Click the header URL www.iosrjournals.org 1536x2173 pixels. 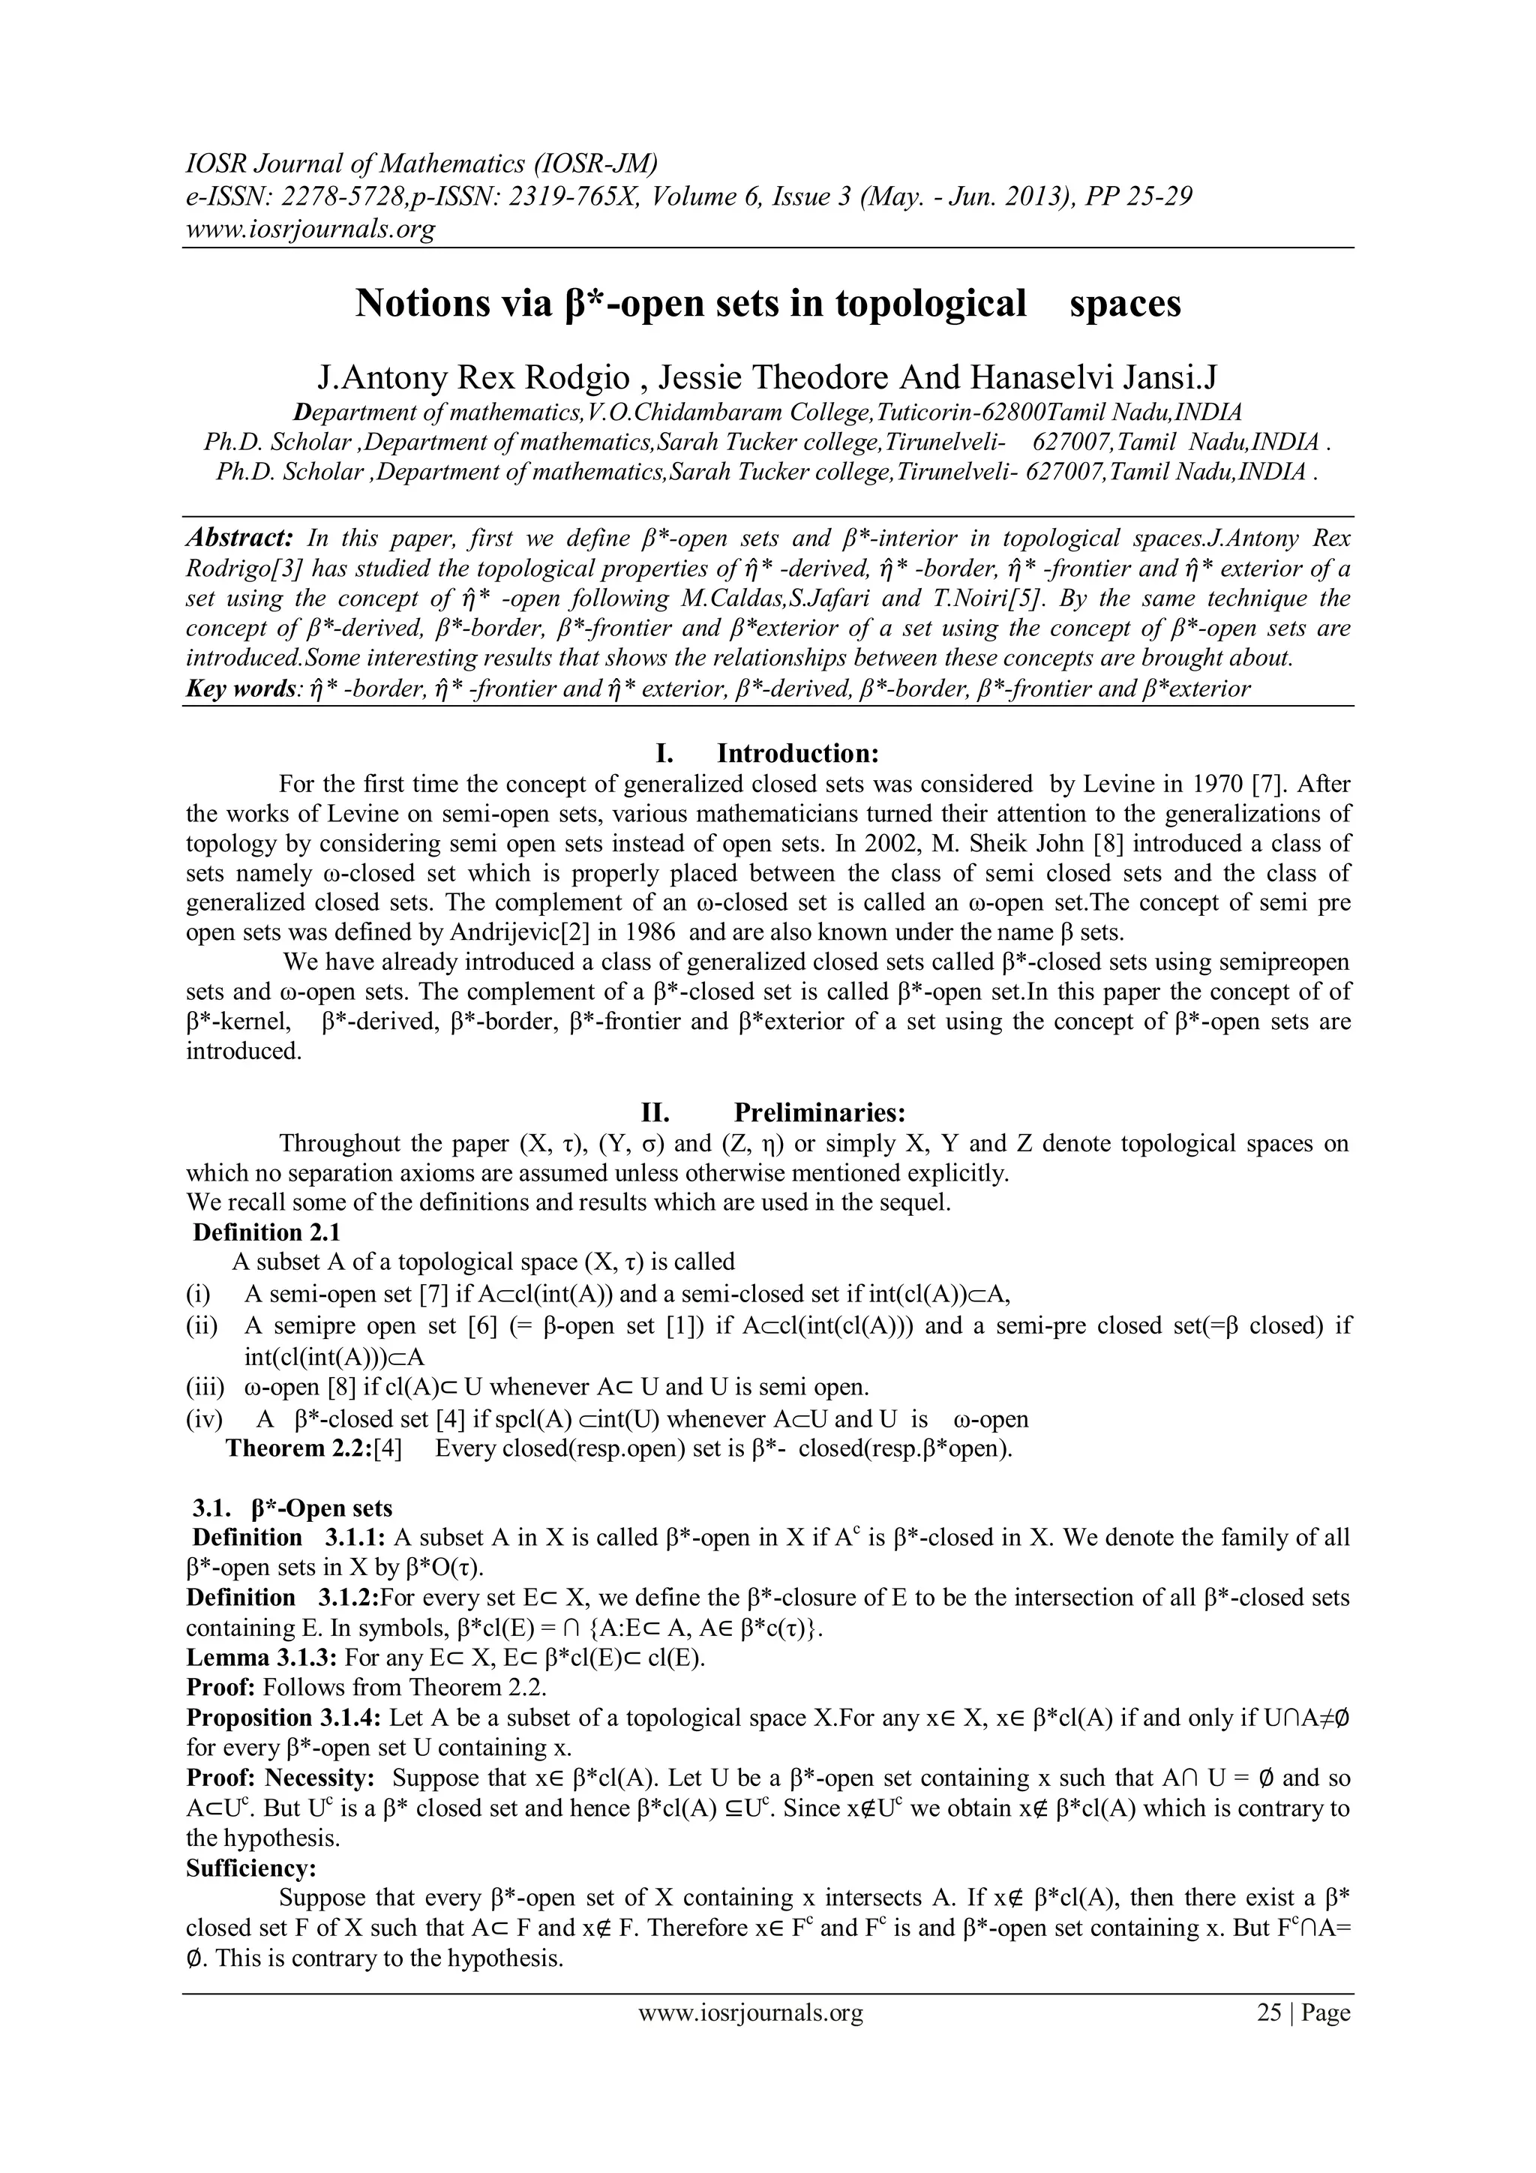(x=310, y=229)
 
